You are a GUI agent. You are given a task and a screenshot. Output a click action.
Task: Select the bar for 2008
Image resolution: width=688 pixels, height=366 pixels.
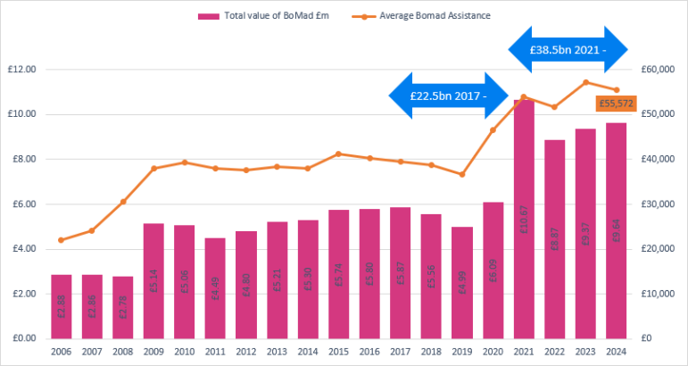[x=123, y=307]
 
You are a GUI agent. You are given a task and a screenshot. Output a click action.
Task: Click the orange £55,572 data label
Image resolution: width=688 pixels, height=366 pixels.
[x=615, y=104]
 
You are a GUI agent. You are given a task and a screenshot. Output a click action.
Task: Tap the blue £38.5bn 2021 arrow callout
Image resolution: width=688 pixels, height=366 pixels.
[x=568, y=52]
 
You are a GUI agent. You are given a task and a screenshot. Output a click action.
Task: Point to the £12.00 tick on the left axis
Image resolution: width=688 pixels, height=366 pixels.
[x=21, y=70]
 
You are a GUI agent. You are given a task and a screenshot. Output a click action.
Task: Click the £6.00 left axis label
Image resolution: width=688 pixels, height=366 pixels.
[x=22, y=204]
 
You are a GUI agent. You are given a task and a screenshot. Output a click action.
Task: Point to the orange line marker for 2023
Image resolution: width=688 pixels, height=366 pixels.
[x=585, y=82]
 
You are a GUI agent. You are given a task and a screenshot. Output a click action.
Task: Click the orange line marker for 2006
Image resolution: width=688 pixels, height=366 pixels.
[x=62, y=240]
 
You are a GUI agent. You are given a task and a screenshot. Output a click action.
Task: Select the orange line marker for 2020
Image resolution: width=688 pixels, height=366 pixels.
[x=493, y=130]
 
